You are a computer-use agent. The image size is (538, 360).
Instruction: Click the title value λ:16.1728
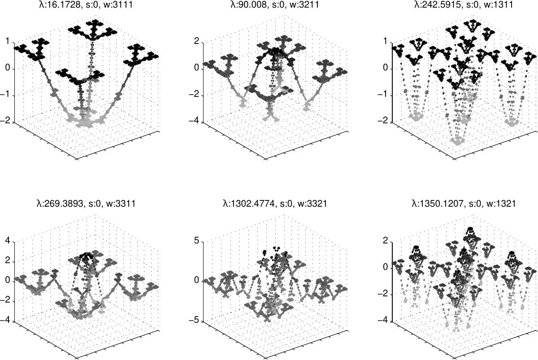point(60,4)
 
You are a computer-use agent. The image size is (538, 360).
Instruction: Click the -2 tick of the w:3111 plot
point(5,120)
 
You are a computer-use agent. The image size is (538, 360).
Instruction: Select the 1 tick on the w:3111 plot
point(8,41)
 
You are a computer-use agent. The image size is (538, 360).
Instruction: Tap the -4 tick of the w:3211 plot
point(194,120)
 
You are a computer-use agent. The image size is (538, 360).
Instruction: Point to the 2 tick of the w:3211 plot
point(197,41)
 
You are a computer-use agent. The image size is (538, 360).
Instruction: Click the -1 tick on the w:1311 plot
point(383,94)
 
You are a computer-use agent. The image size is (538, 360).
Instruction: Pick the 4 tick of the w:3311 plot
point(8,240)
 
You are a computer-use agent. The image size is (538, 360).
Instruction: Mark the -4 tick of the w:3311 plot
point(5,320)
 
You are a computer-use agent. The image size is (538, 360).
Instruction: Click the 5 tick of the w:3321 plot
point(197,240)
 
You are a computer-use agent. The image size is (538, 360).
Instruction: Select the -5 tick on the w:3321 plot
point(194,320)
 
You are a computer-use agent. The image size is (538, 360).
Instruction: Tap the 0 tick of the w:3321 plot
point(197,280)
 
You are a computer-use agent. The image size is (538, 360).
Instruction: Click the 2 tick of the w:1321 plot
point(386,240)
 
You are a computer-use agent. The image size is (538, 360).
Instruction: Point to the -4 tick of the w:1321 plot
point(383,320)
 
